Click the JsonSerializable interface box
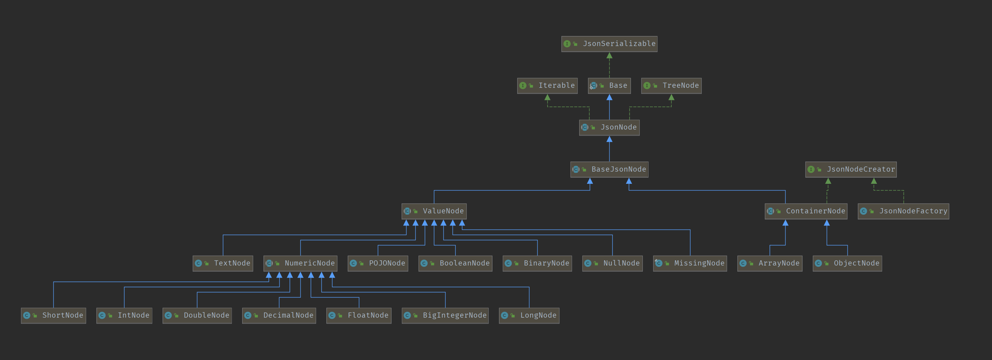coord(609,44)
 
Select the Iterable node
coord(547,85)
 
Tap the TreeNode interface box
coord(671,85)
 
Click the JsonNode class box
coord(609,127)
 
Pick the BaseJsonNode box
coord(609,169)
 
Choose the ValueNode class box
coord(434,211)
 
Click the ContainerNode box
coord(806,211)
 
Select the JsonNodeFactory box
coord(904,211)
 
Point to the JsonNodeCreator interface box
coord(851,169)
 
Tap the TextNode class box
coord(223,263)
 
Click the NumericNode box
coord(300,263)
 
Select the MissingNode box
coord(690,263)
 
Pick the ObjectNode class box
coord(847,263)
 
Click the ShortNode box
coord(54,315)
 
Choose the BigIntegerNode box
coord(445,315)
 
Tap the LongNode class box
coord(529,315)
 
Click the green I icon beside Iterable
coord(523,85)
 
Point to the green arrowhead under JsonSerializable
coord(609,56)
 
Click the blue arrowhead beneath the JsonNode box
coord(609,139)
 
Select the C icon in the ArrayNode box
coord(743,263)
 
